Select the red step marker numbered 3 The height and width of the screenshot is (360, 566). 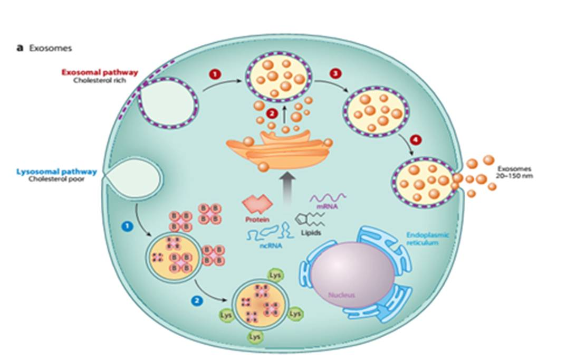pos(334,74)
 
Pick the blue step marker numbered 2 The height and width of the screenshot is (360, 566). pos(196,301)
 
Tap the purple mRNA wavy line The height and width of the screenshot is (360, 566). pos(328,199)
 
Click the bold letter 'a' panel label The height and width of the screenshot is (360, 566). pos(20,48)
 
